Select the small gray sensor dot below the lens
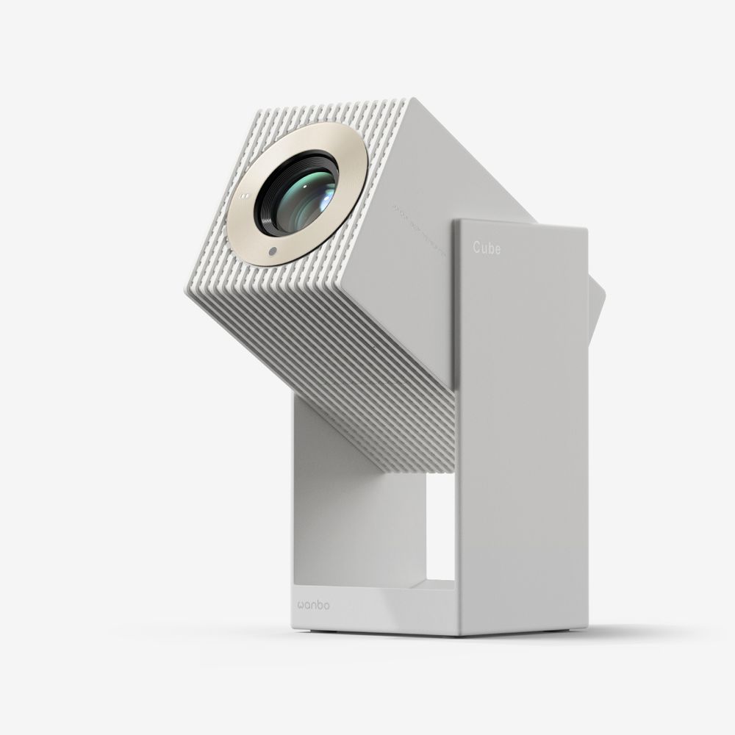[273, 252]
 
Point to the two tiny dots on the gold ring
[245, 196]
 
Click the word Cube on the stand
[487, 249]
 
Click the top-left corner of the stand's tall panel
[456, 222]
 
